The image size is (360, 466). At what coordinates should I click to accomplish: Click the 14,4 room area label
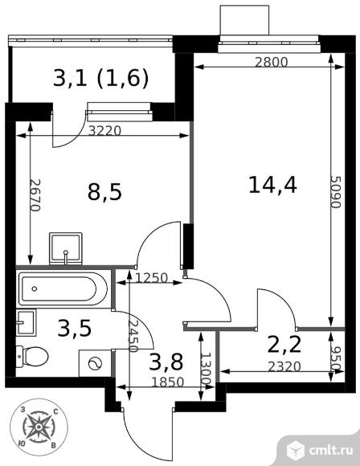(272, 185)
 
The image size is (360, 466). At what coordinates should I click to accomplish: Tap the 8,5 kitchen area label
(104, 192)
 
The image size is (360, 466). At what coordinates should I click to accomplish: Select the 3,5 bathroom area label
(74, 328)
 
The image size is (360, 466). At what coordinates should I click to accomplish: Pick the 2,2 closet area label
(284, 345)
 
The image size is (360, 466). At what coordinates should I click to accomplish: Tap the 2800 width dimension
(272, 62)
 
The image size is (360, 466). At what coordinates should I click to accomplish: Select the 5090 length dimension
(336, 192)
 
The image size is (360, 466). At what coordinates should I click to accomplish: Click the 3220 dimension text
(104, 130)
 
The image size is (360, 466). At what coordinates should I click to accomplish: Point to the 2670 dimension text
(35, 195)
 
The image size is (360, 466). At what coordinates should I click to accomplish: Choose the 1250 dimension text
(152, 278)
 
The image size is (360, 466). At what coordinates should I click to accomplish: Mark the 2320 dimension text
(284, 366)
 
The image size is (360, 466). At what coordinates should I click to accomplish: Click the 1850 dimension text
(168, 382)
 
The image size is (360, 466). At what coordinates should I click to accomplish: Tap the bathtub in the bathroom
(63, 289)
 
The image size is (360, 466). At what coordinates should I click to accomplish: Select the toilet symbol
(32, 356)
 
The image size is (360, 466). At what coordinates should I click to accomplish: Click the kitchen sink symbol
(66, 248)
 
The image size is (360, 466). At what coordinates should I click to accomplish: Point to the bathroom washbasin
(26, 322)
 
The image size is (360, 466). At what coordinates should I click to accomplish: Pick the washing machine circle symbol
(96, 363)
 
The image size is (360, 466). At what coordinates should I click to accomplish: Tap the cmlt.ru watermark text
(331, 450)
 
